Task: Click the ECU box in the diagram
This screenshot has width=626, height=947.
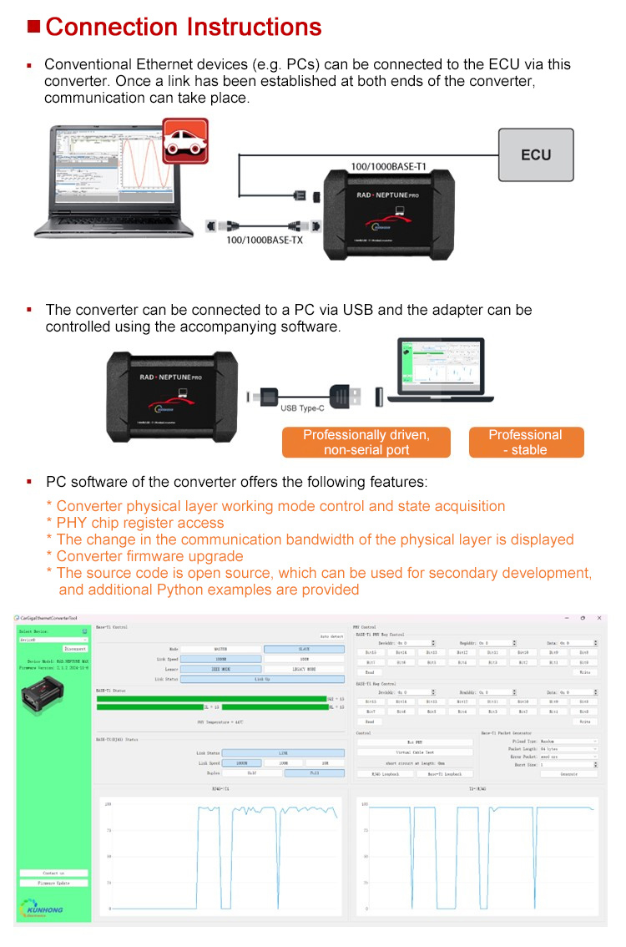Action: coord(536,155)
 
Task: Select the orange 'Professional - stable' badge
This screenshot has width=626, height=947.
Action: coord(525,443)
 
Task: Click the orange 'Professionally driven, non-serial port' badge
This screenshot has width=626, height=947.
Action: coord(366,443)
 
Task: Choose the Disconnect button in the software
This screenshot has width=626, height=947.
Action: coord(75,647)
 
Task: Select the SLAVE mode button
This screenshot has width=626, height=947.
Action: coord(304,648)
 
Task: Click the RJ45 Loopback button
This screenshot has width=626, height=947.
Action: coord(386,773)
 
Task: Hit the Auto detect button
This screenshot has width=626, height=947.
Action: coord(331,636)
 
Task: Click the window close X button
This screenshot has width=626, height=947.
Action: coord(599,617)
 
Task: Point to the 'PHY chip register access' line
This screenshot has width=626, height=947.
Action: coord(140,523)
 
